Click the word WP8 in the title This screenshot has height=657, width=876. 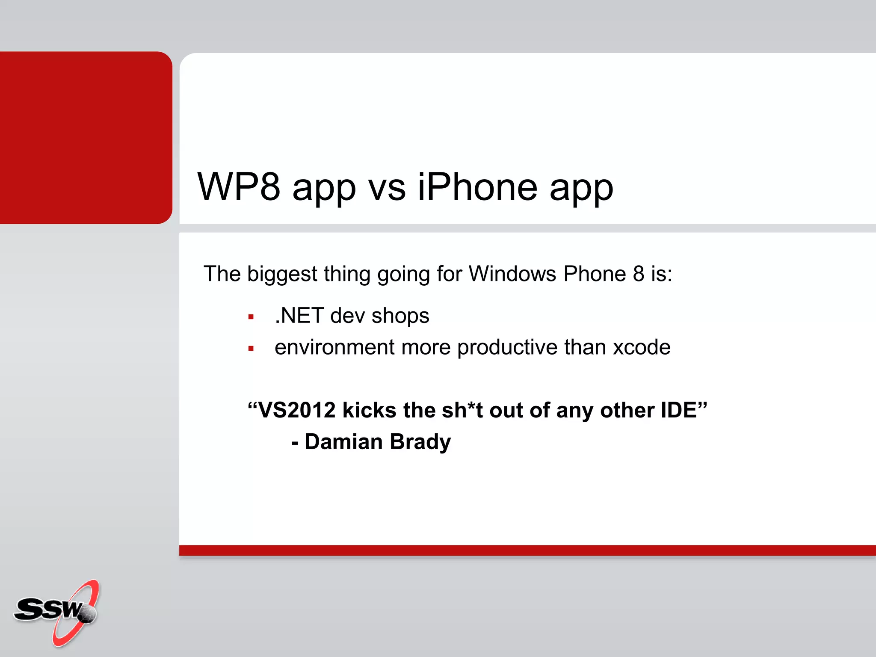pyautogui.click(x=239, y=187)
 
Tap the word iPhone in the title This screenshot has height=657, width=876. pyautogui.click(x=477, y=187)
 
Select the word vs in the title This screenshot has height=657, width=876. pyautogui.click(x=387, y=188)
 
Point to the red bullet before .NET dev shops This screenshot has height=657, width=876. pyautogui.click(x=251, y=317)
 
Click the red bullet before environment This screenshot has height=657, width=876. pyautogui.click(x=251, y=349)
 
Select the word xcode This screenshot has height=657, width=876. pyautogui.click(x=642, y=347)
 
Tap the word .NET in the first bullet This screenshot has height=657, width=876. pyautogui.click(x=299, y=316)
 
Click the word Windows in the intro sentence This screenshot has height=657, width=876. pyautogui.click(x=512, y=274)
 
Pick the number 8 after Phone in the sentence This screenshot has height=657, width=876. pyautogui.click(x=639, y=274)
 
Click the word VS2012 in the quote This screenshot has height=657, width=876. pyautogui.click(x=297, y=410)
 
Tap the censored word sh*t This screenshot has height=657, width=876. pyautogui.click(x=462, y=410)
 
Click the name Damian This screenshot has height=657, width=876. pyautogui.click(x=343, y=442)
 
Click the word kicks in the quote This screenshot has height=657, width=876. pyautogui.click(x=370, y=410)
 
